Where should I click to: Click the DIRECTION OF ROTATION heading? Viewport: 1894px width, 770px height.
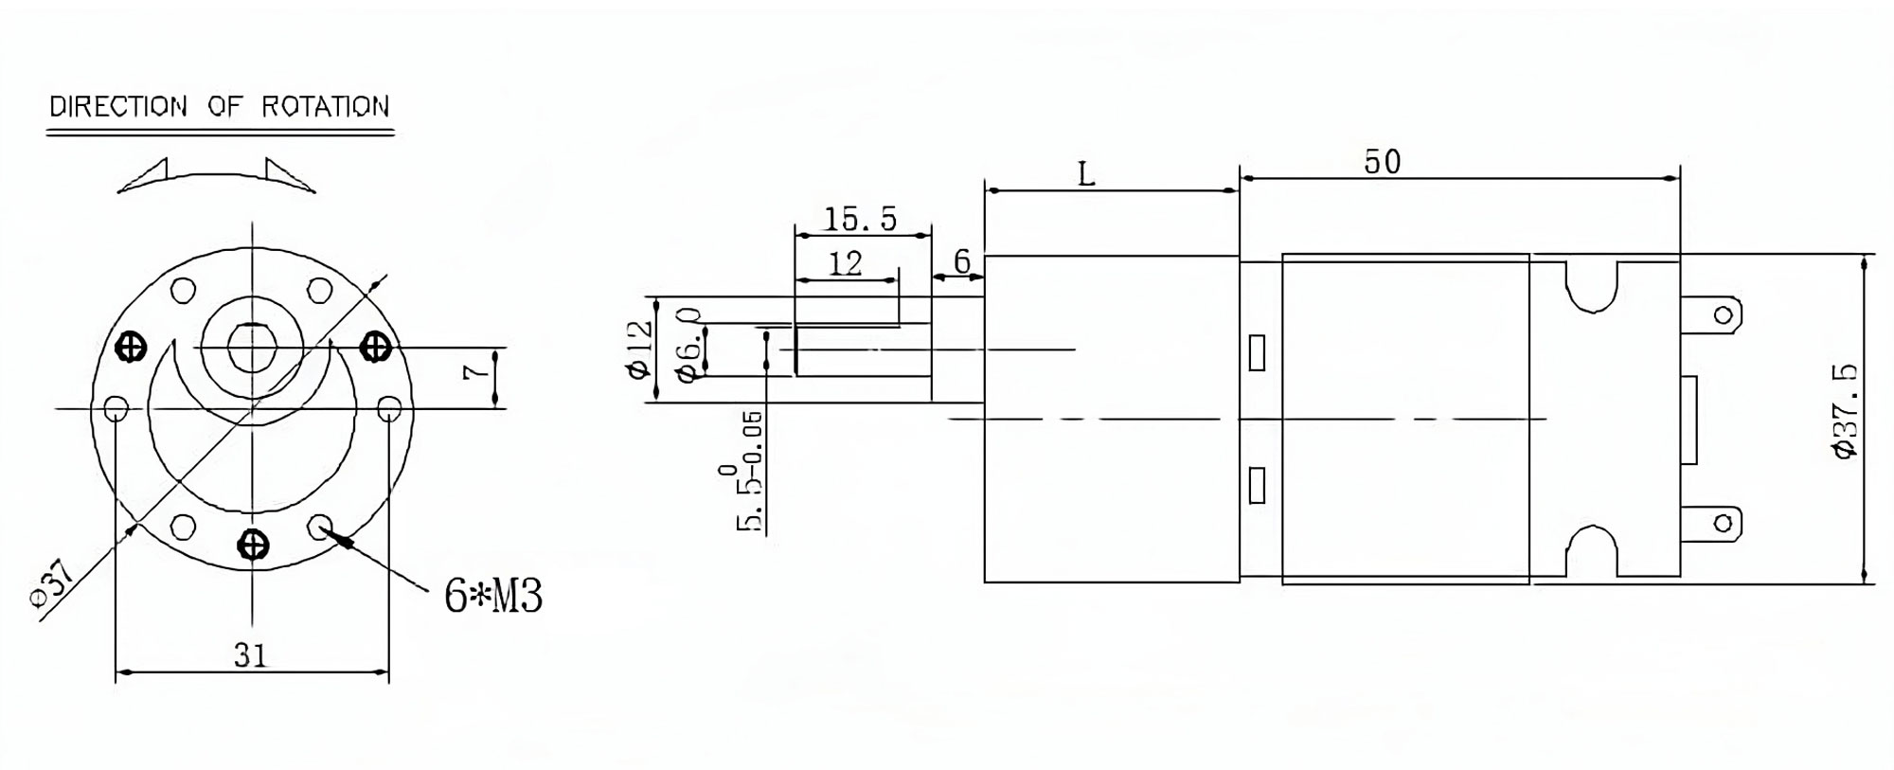220,106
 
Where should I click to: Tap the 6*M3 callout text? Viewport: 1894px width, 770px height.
493,596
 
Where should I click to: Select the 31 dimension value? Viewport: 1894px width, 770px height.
251,654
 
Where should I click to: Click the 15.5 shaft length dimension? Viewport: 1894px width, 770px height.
860,219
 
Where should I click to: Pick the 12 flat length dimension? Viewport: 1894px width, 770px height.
846,262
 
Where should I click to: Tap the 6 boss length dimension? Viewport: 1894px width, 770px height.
962,260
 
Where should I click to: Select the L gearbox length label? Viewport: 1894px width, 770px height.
1086,173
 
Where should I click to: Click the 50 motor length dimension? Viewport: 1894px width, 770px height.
1382,162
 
